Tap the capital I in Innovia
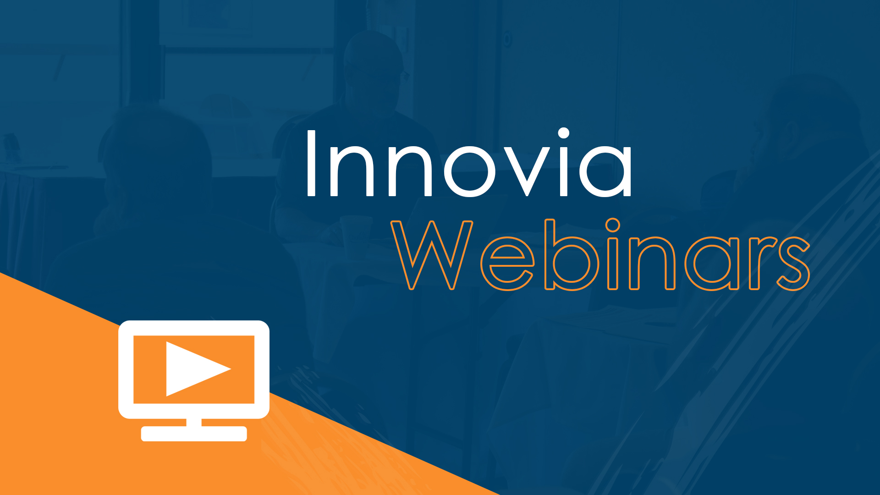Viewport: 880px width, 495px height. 311,164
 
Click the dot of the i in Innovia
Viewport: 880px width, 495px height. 563,133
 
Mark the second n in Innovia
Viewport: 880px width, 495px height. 411,170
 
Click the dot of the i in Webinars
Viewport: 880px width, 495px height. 613,225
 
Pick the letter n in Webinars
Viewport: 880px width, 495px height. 653,264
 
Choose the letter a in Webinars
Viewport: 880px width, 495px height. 713,264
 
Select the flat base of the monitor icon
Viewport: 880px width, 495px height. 194,434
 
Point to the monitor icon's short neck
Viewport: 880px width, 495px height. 194,422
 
